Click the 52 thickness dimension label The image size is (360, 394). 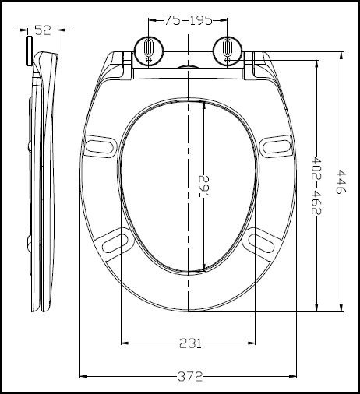(x=44, y=31)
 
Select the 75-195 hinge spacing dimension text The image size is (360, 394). (x=186, y=21)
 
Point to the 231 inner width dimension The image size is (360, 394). (x=190, y=343)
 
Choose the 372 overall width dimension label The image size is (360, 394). (x=190, y=376)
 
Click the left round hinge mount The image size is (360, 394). (x=146, y=51)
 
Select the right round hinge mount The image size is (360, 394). (x=228, y=51)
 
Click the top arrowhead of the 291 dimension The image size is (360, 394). (x=204, y=104)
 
